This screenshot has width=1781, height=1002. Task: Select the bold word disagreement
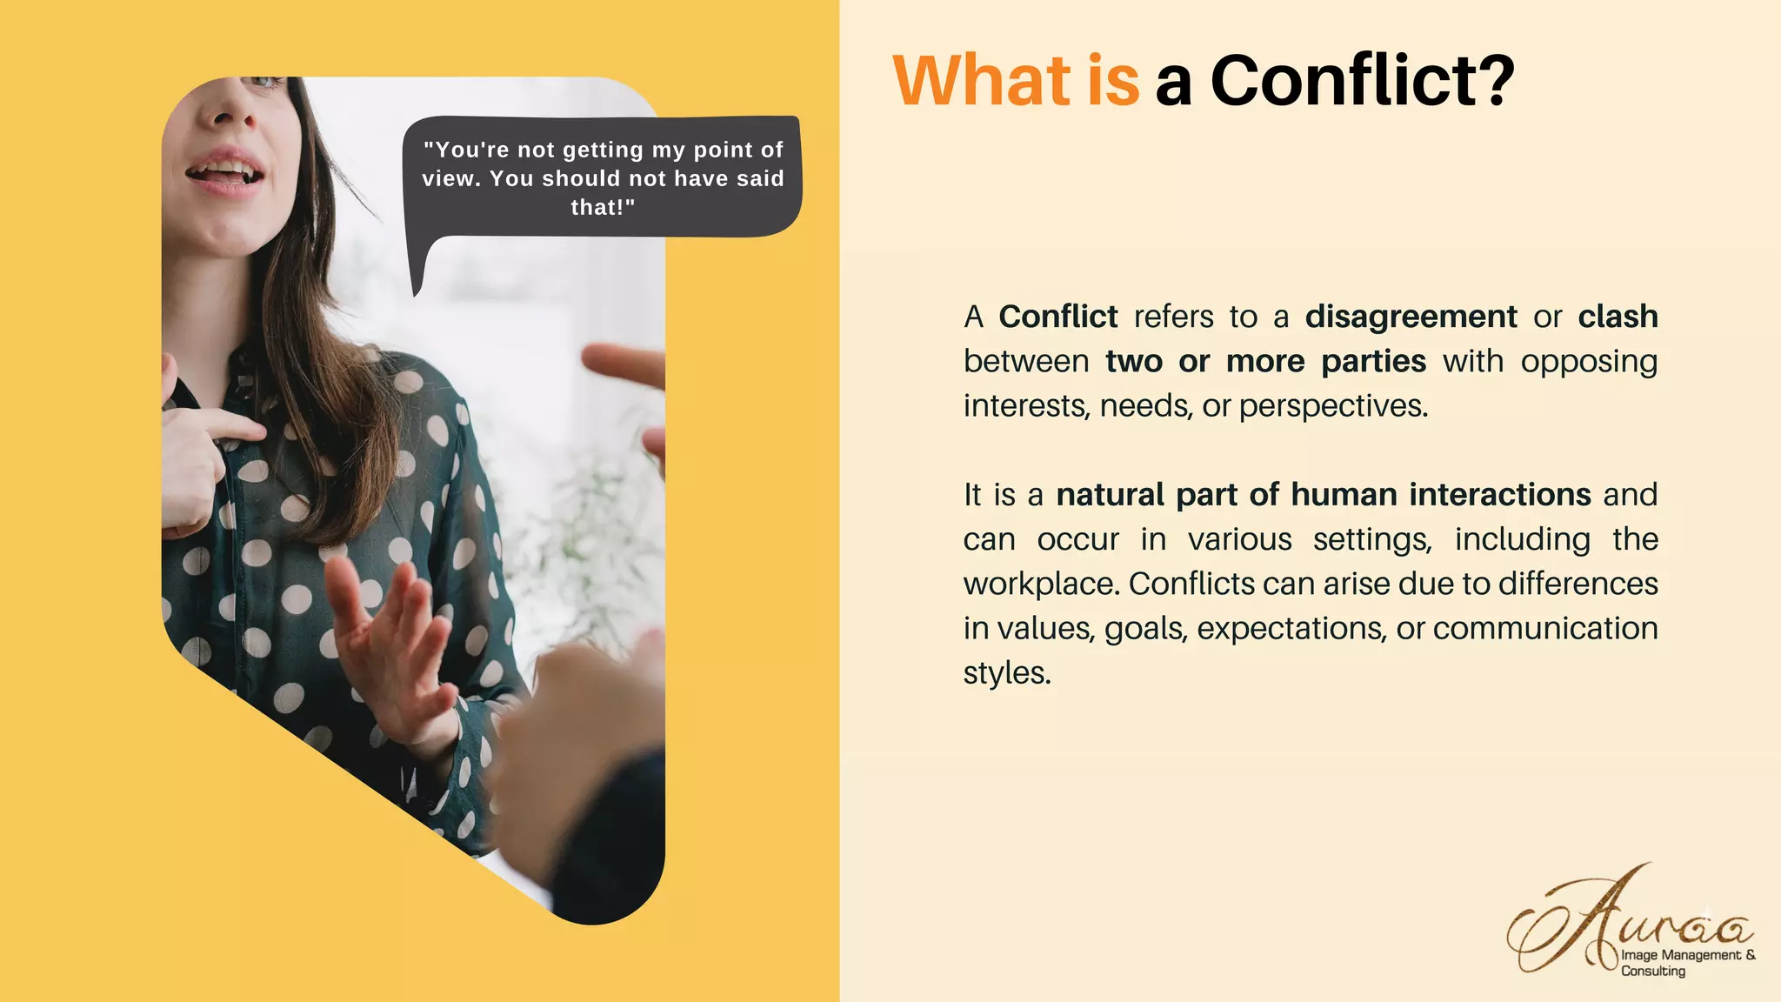[x=1411, y=317]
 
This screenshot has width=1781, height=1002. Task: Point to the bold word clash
[x=1618, y=317]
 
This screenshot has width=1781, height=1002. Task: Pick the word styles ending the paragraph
[x=1007, y=673]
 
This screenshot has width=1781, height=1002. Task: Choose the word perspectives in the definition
[x=1332, y=406]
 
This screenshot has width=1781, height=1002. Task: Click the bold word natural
[x=1110, y=495]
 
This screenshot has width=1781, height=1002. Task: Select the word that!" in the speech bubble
[x=603, y=207]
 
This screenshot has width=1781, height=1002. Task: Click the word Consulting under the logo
[x=1652, y=971]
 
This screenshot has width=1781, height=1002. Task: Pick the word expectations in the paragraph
[x=1291, y=628]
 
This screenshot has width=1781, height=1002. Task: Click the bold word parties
[x=1373, y=361]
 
